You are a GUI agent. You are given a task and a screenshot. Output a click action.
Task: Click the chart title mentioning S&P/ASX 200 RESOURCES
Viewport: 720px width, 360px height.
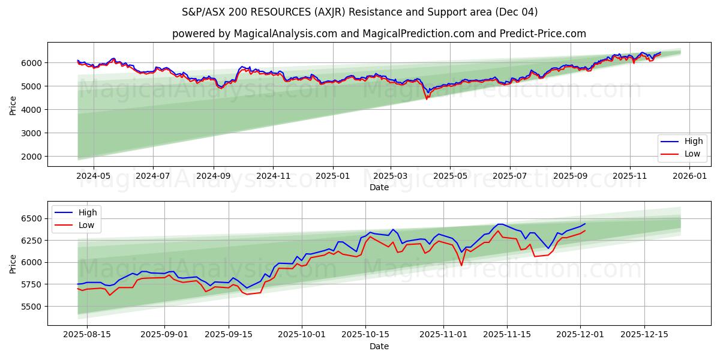pyautogui.click(x=360, y=12)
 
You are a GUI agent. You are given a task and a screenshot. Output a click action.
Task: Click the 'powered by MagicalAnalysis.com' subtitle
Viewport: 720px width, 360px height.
pyautogui.click(x=379, y=34)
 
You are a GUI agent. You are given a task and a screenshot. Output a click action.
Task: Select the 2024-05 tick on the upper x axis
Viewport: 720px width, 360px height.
pyautogui.click(x=94, y=176)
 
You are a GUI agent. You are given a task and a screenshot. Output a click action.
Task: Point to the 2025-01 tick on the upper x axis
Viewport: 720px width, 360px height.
pyautogui.click(x=332, y=176)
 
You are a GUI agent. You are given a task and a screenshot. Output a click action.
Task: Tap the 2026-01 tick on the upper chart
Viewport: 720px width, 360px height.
pyautogui.click(x=689, y=176)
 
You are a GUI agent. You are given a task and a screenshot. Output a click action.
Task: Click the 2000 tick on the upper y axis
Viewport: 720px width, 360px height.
pyautogui.click(x=33, y=157)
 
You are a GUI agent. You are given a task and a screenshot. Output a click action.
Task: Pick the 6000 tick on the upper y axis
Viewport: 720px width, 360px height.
pyautogui.click(x=33, y=63)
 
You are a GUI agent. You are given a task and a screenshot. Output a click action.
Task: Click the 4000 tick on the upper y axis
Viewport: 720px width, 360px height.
pyautogui.click(x=33, y=110)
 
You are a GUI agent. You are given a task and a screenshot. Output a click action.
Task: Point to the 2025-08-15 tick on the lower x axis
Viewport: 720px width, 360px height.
pyautogui.click(x=87, y=335)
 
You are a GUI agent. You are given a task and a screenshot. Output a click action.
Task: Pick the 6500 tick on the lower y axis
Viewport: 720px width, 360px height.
pyautogui.click(x=33, y=218)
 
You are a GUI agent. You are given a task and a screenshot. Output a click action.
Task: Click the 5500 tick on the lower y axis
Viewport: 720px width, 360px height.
pyautogui.click(x=33, y=307)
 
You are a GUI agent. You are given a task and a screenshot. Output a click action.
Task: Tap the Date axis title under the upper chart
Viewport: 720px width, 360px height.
pyautogui.click(x=379, y=187)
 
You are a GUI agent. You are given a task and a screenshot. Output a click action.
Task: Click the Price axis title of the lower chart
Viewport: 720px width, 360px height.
pyautogui.click(x=13, y=263)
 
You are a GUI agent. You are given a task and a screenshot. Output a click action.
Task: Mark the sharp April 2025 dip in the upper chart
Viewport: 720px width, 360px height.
pyautogui.click(x=427, y=97)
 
